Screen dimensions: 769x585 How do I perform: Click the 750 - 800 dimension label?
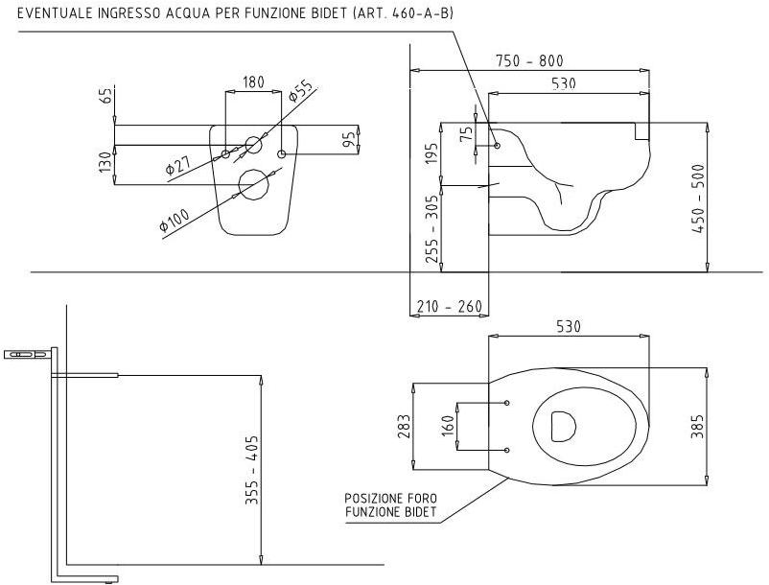(529, 60)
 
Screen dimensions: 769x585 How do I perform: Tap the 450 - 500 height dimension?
(698, 199)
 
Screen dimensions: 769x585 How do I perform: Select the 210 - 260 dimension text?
(450, 307)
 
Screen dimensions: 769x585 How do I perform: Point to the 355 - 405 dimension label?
(252, 470)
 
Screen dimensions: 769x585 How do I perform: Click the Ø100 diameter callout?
(175, 220)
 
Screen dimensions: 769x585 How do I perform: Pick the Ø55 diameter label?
(300, 90)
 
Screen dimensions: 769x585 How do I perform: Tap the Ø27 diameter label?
(178, 164)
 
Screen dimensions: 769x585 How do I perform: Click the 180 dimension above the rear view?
(253, 82)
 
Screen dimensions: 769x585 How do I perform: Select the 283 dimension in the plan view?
(404, 426)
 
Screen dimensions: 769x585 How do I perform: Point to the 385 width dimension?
(697, 426)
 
